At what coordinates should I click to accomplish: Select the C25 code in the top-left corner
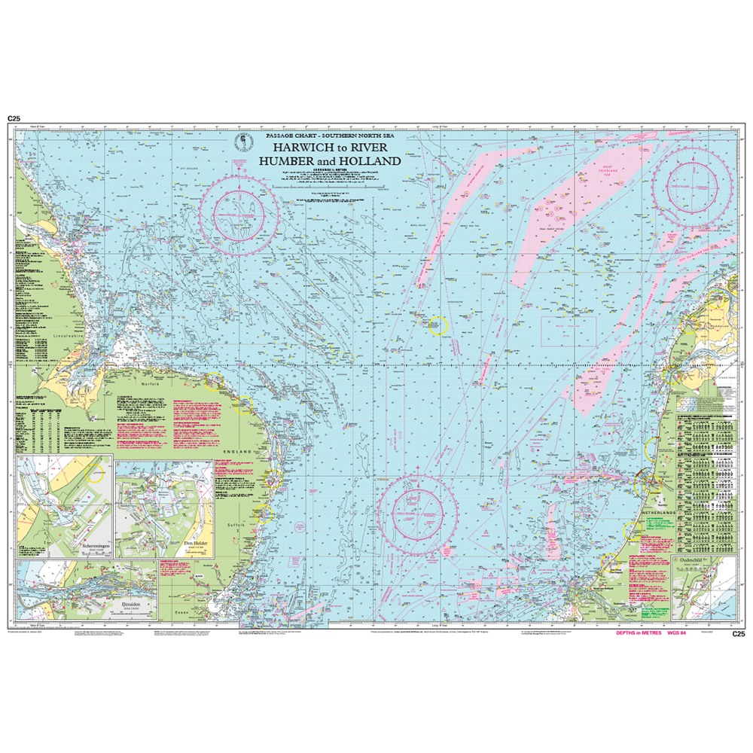click(x=14, y=119)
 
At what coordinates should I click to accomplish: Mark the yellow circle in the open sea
click(x=437, y=325)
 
